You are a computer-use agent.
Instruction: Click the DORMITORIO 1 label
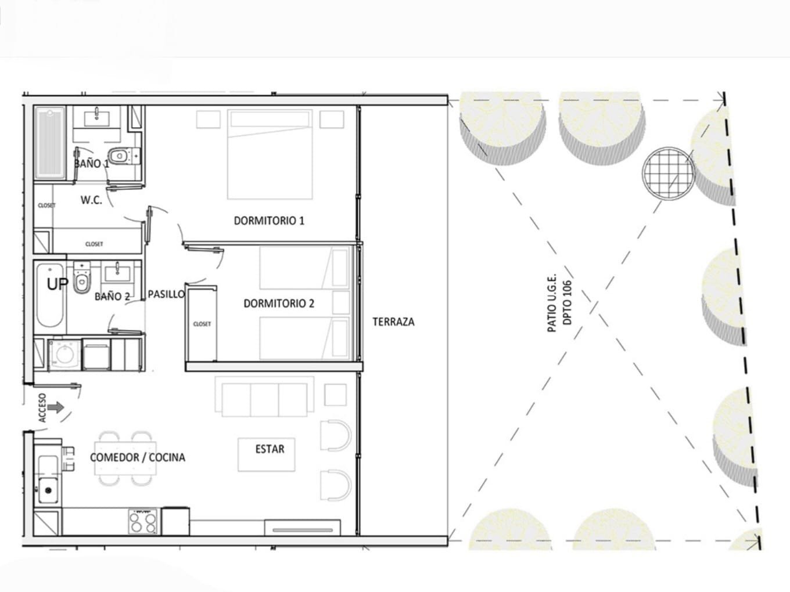(x=269, y=221)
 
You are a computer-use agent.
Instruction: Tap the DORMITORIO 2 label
(x=279, y=304)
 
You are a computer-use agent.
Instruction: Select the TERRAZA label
(x=393, y=322)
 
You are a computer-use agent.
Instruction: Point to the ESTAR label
(x=270, y=449)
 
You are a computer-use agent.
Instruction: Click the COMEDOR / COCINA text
(x=138, y=457)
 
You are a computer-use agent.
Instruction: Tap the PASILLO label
(x=166, y=294)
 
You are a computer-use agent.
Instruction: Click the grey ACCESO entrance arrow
(x=56, y=407)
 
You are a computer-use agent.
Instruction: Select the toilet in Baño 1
(x=124, y=156)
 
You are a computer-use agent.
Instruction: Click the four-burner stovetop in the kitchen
(x=143, y=522)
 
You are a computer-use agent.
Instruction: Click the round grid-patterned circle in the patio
(x=669, y=172)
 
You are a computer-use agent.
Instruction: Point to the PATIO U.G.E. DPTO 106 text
(x=559, y=302)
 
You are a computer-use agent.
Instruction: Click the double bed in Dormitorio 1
(x=270, y=154)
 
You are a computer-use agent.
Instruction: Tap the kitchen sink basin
(x=48, y=489)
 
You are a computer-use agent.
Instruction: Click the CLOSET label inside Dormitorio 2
(x=202, y=324)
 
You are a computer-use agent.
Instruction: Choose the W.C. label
(x=91, y=200)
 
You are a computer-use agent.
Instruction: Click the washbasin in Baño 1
(x=96, y=118)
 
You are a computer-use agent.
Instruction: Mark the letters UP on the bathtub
(x=58, y=284)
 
